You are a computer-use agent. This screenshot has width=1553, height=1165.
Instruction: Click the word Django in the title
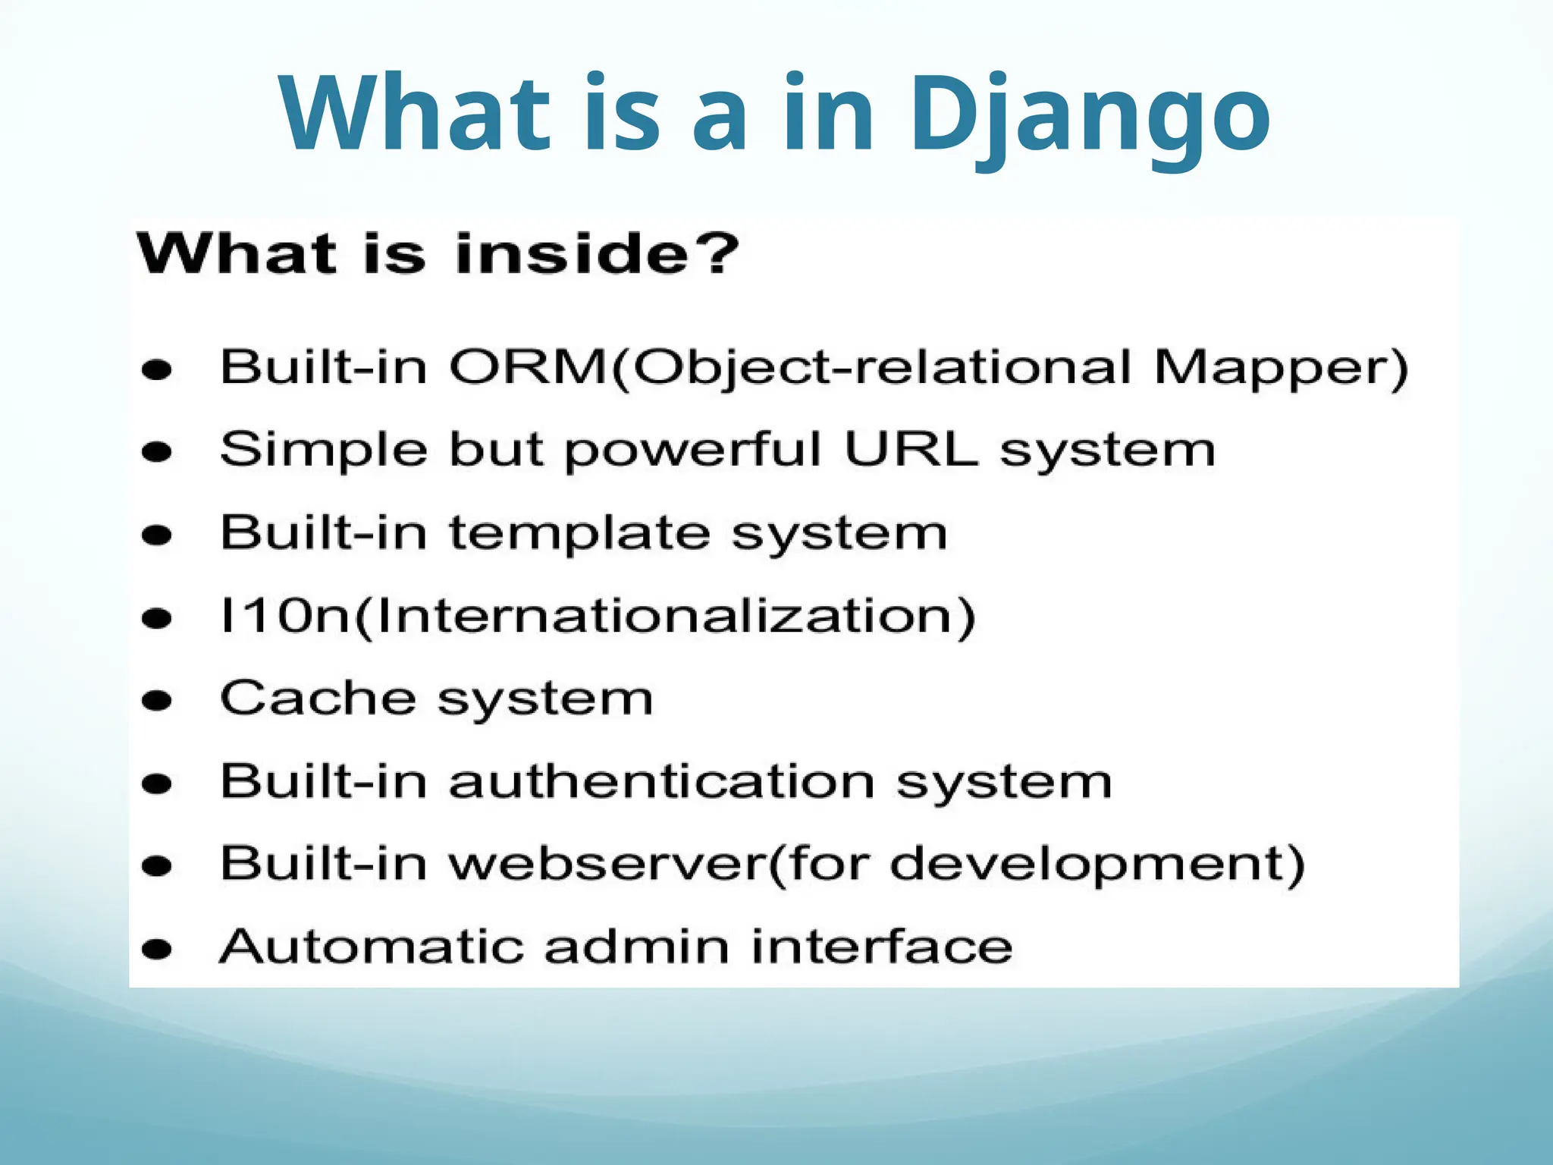1089,115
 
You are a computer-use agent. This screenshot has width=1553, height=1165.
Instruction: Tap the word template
580,534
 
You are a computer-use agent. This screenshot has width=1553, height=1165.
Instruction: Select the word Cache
318,698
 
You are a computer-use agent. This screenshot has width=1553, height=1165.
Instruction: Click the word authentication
662,781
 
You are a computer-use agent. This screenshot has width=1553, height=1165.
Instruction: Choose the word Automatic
371,947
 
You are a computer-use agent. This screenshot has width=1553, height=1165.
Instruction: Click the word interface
882,947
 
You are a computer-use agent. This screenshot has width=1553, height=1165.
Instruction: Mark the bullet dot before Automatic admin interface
157,949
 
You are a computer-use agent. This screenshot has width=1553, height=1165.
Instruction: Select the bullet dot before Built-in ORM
157,370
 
